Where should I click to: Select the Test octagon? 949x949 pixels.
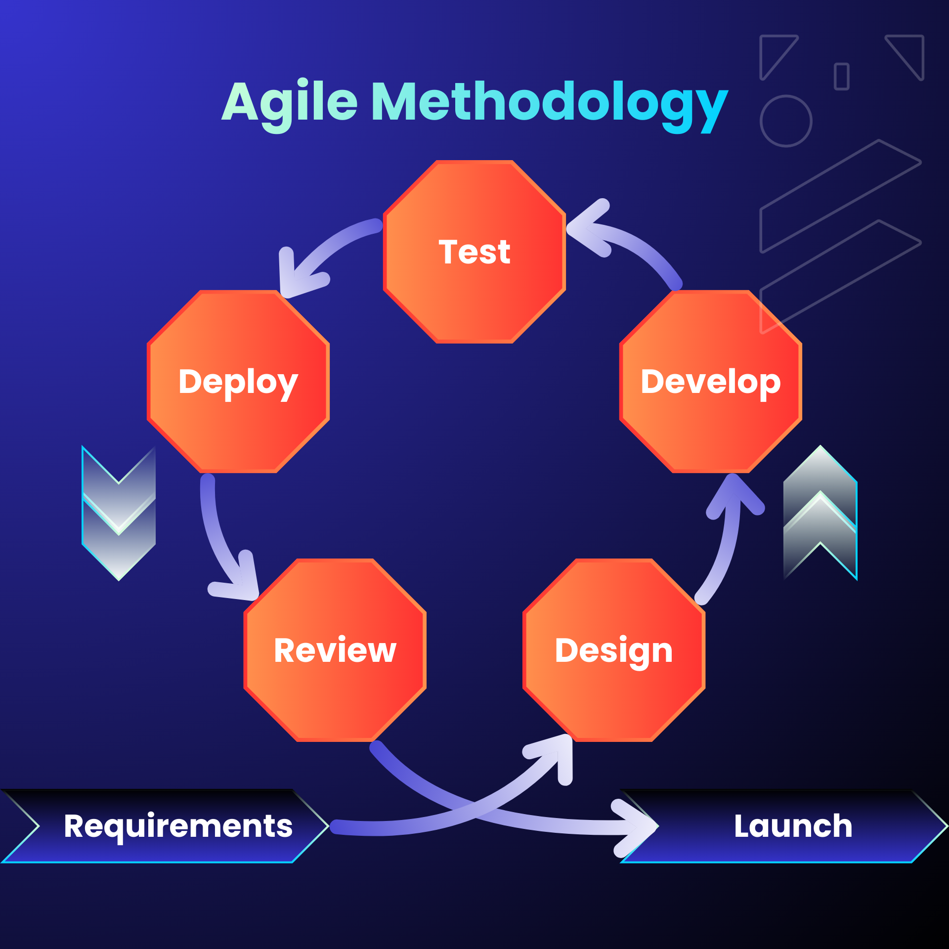click(474, 252)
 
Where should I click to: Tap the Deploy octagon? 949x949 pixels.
click(238, 382)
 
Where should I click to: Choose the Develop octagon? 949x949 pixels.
click(710, 382)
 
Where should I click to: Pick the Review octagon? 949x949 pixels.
click(335, 650)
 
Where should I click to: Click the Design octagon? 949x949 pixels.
click(614, 650)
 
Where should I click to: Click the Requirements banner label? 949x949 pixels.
click(178, 826)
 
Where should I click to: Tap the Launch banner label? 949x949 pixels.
click(793, 826)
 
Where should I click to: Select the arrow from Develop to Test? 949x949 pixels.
click(638, 242)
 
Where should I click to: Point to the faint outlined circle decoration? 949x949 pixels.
click(786, 121)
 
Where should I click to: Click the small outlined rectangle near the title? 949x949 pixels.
click(841, 77)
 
